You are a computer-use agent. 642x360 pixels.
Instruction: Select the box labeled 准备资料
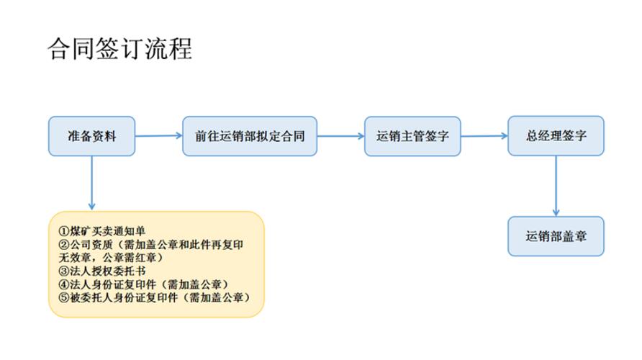91,136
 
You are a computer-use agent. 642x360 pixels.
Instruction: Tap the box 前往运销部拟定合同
249,136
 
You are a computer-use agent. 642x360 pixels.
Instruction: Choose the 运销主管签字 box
412,136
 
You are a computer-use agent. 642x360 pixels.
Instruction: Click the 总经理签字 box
556,136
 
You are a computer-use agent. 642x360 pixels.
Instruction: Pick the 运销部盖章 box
556,236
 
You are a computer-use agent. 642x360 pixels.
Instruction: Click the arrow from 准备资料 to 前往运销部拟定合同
158,135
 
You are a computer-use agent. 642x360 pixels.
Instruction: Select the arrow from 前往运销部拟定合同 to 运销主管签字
340,135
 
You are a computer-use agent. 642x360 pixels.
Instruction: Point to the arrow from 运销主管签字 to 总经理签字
484,135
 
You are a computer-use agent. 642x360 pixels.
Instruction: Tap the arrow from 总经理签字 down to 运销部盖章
556,186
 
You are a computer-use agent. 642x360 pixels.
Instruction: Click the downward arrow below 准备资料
92,183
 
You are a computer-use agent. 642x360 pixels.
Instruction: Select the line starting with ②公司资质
150,245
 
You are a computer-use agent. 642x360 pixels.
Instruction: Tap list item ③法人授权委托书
101,271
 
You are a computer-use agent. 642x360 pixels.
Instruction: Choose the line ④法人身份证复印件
136,284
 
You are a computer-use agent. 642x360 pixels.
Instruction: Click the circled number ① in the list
63,232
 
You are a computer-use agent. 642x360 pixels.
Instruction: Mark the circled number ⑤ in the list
63,297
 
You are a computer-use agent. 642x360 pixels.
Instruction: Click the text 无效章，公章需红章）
111,258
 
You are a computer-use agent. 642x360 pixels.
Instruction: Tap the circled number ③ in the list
63,271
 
